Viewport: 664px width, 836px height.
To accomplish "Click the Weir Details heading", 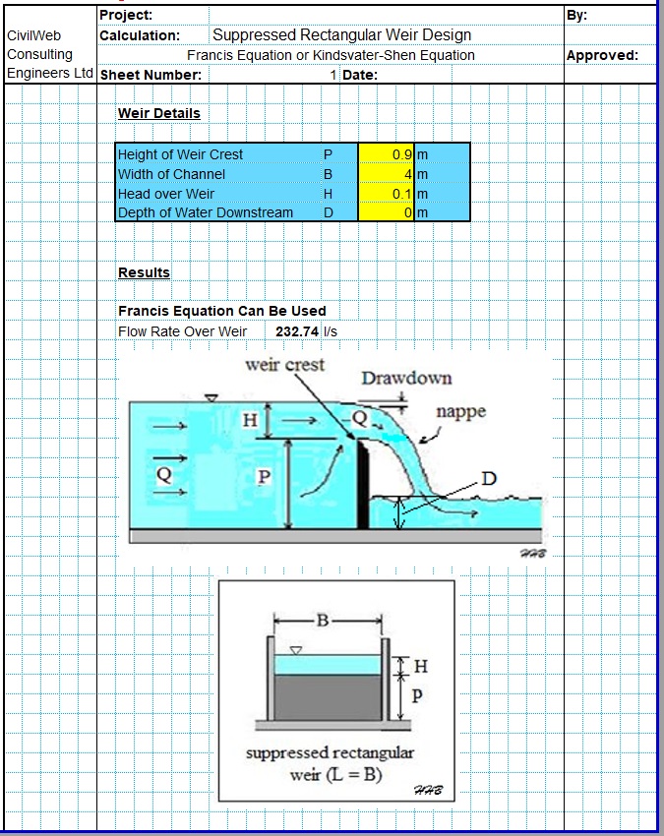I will click(x=158, y=113).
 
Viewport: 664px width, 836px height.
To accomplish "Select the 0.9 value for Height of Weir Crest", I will click(x=401, y=154).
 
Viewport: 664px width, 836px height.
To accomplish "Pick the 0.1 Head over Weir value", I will click(x=401, y=194).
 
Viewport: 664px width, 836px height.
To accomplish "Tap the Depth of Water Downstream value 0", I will click(x=407, y=212).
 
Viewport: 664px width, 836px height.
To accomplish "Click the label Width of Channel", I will click(x=171, y=174).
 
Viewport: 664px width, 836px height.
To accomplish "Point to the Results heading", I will click(x=144, y=272).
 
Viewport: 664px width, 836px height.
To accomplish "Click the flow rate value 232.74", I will click(x=297, y=331).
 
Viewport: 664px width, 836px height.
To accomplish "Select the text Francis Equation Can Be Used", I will click(x=221, y=311).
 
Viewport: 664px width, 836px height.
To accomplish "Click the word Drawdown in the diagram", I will click(x=406, y=378).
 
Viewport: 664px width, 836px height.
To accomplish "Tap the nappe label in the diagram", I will click(x=460, y=411).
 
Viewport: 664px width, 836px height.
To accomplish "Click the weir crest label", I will click(x=284, y=365).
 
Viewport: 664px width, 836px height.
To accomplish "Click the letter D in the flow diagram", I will click(x=488, y=479).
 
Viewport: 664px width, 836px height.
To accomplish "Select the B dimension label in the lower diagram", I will click(x=322, y=620).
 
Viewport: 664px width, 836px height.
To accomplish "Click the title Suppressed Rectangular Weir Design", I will click(x=341, y=35).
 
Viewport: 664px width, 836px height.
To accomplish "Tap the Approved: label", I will click(x=602, y=55).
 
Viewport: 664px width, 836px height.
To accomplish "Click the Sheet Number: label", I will click(x=151, y=75).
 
